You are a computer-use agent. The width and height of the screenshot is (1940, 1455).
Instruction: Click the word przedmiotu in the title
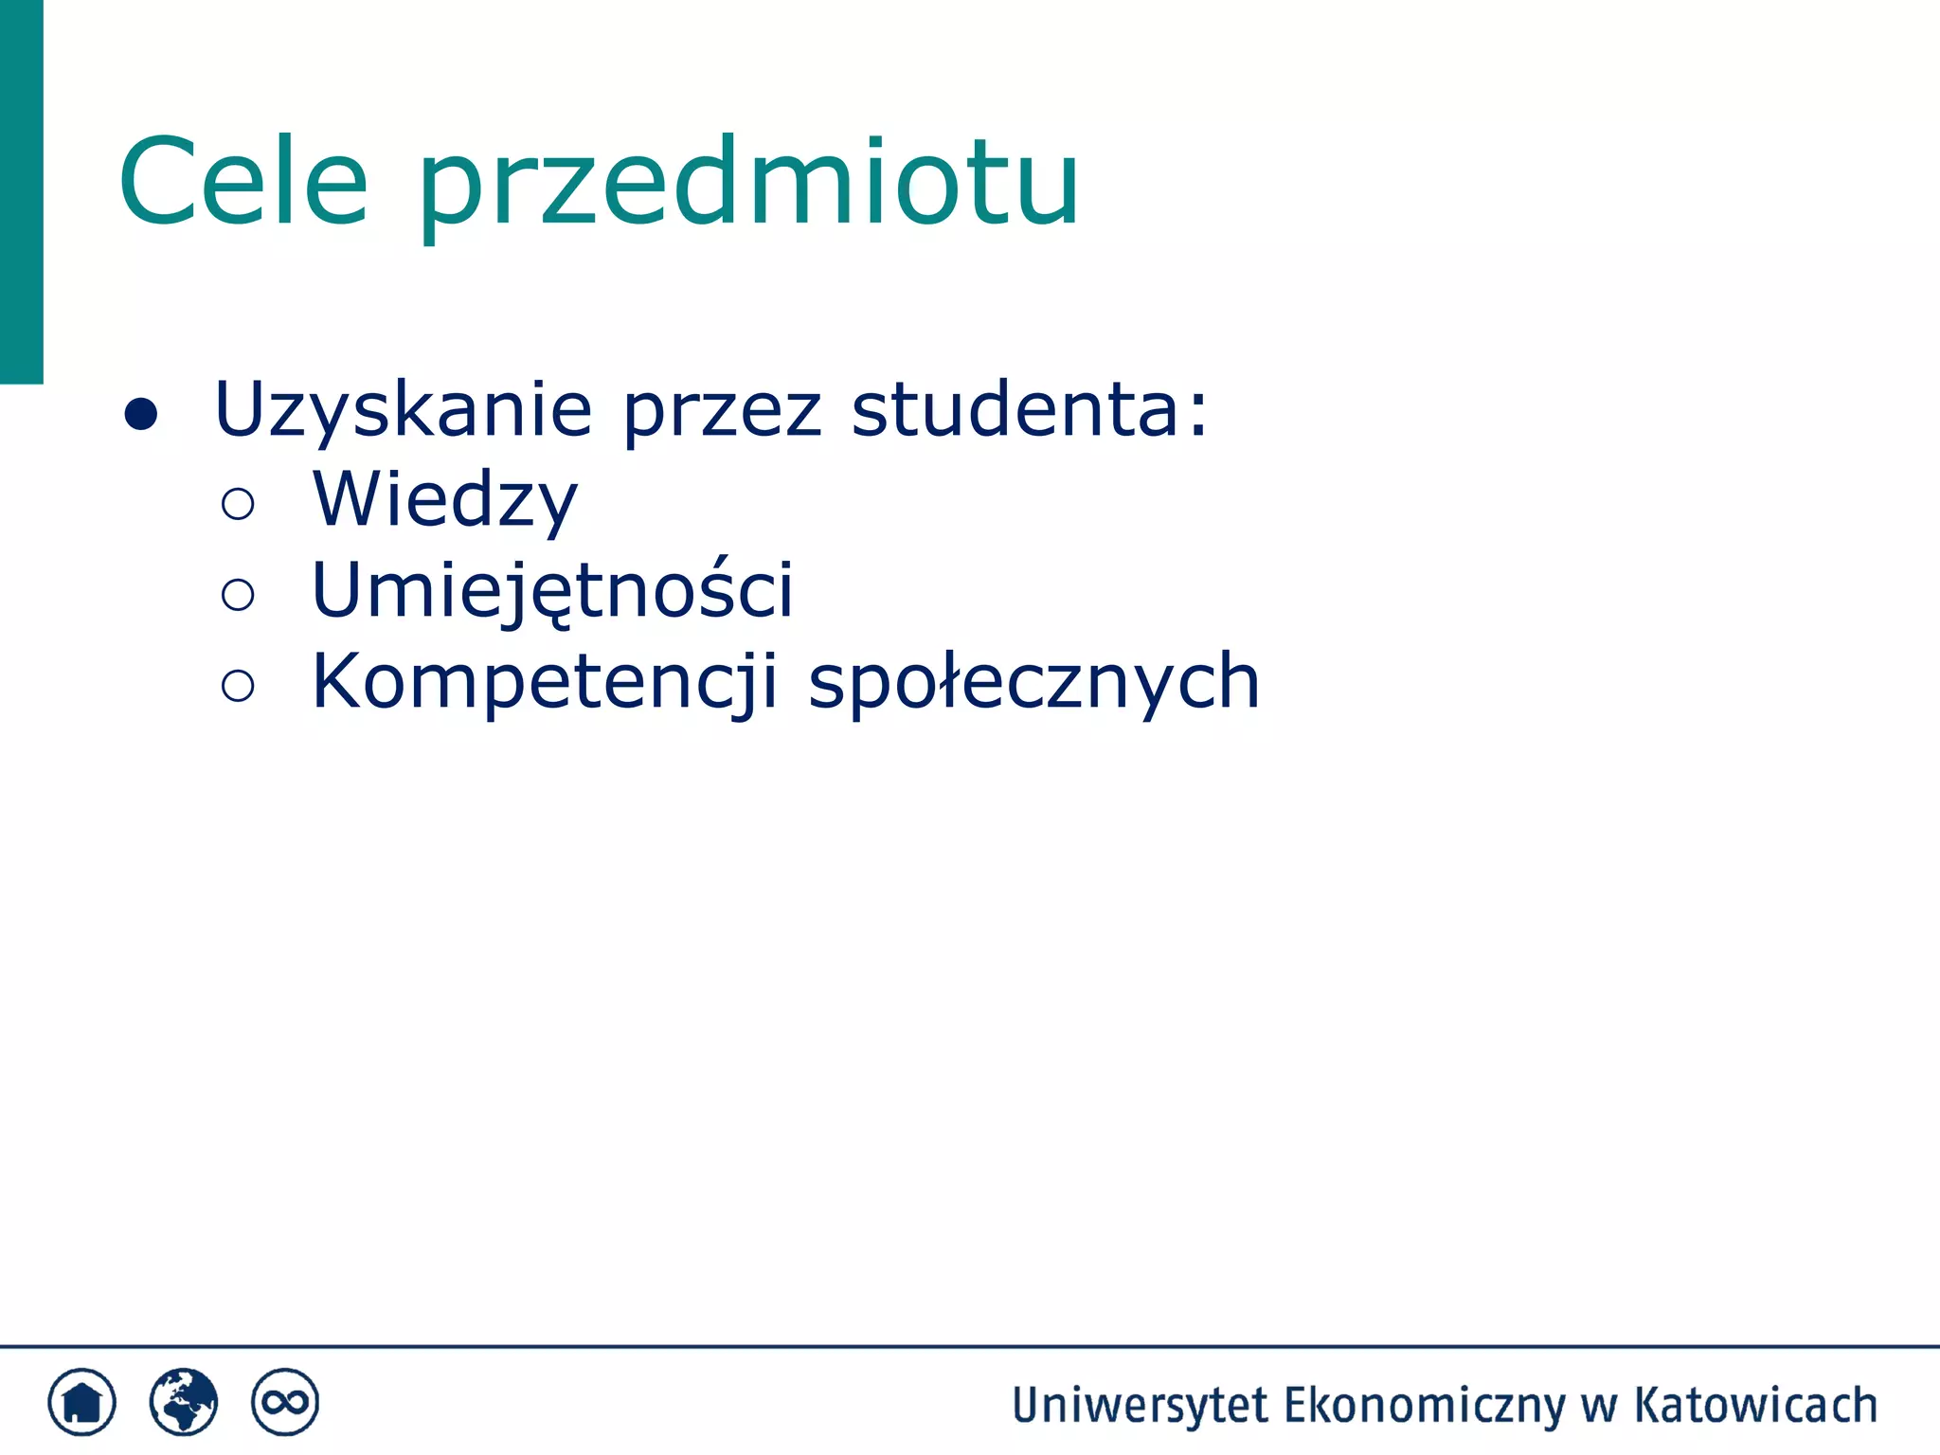coord(748,185)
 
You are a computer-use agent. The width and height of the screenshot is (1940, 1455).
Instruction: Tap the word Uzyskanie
coord(404,410)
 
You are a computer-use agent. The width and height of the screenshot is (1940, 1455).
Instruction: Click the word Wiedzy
coord(444,501)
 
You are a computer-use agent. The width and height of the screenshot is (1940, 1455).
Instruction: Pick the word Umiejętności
coord(552,591)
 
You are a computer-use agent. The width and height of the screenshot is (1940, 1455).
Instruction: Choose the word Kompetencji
coord(545,682)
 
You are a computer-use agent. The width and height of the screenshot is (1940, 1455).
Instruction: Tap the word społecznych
coord(1033,682)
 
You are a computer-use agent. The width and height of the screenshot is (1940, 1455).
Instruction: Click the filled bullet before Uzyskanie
coord(141,414)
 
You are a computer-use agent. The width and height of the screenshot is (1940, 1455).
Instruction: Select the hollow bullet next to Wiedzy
coord(238,504)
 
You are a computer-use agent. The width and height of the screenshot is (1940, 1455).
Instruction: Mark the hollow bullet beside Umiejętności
coord(238,595)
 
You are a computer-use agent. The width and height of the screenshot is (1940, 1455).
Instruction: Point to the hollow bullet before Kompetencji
coord(238,685)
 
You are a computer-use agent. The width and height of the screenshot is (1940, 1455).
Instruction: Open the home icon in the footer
coord(82,1402)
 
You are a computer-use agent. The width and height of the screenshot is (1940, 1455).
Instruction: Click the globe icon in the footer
coord(184,1402)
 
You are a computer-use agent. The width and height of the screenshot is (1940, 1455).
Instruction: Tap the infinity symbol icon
coord(285,1402)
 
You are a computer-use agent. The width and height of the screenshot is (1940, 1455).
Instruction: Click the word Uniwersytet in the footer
coord(1140,1406)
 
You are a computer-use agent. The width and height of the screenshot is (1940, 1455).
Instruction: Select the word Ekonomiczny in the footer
coord(1424,1406)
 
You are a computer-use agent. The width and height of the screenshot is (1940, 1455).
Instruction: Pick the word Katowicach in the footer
coord(1755,1406)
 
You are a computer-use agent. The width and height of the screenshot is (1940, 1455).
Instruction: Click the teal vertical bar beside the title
coord(21,189)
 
